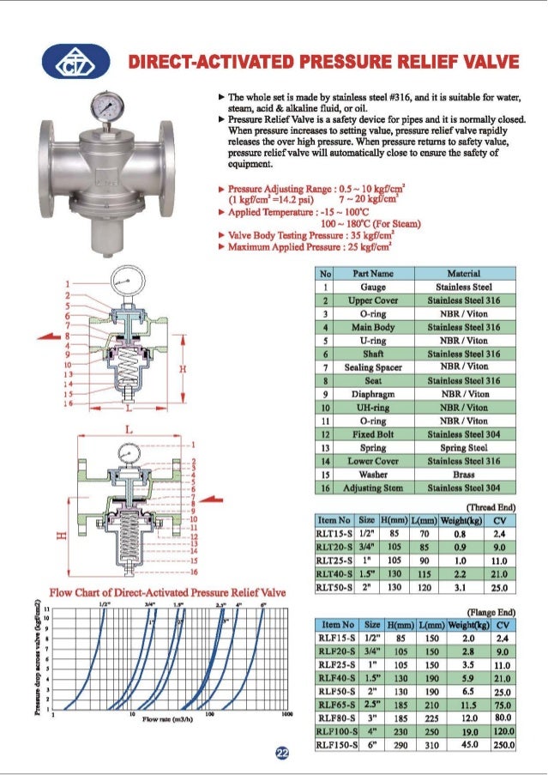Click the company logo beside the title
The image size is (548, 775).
click(x=83, y=63)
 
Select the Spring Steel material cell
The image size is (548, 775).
click(x=463, y=447)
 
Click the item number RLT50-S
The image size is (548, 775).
click(x=335, y=588)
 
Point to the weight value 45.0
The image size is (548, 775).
click(x=467, y=744)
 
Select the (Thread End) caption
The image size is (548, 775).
click(x=491, y=506)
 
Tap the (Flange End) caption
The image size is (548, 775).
click(x=491, y=610)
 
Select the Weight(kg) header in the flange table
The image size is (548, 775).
click(x=467, y=625)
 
